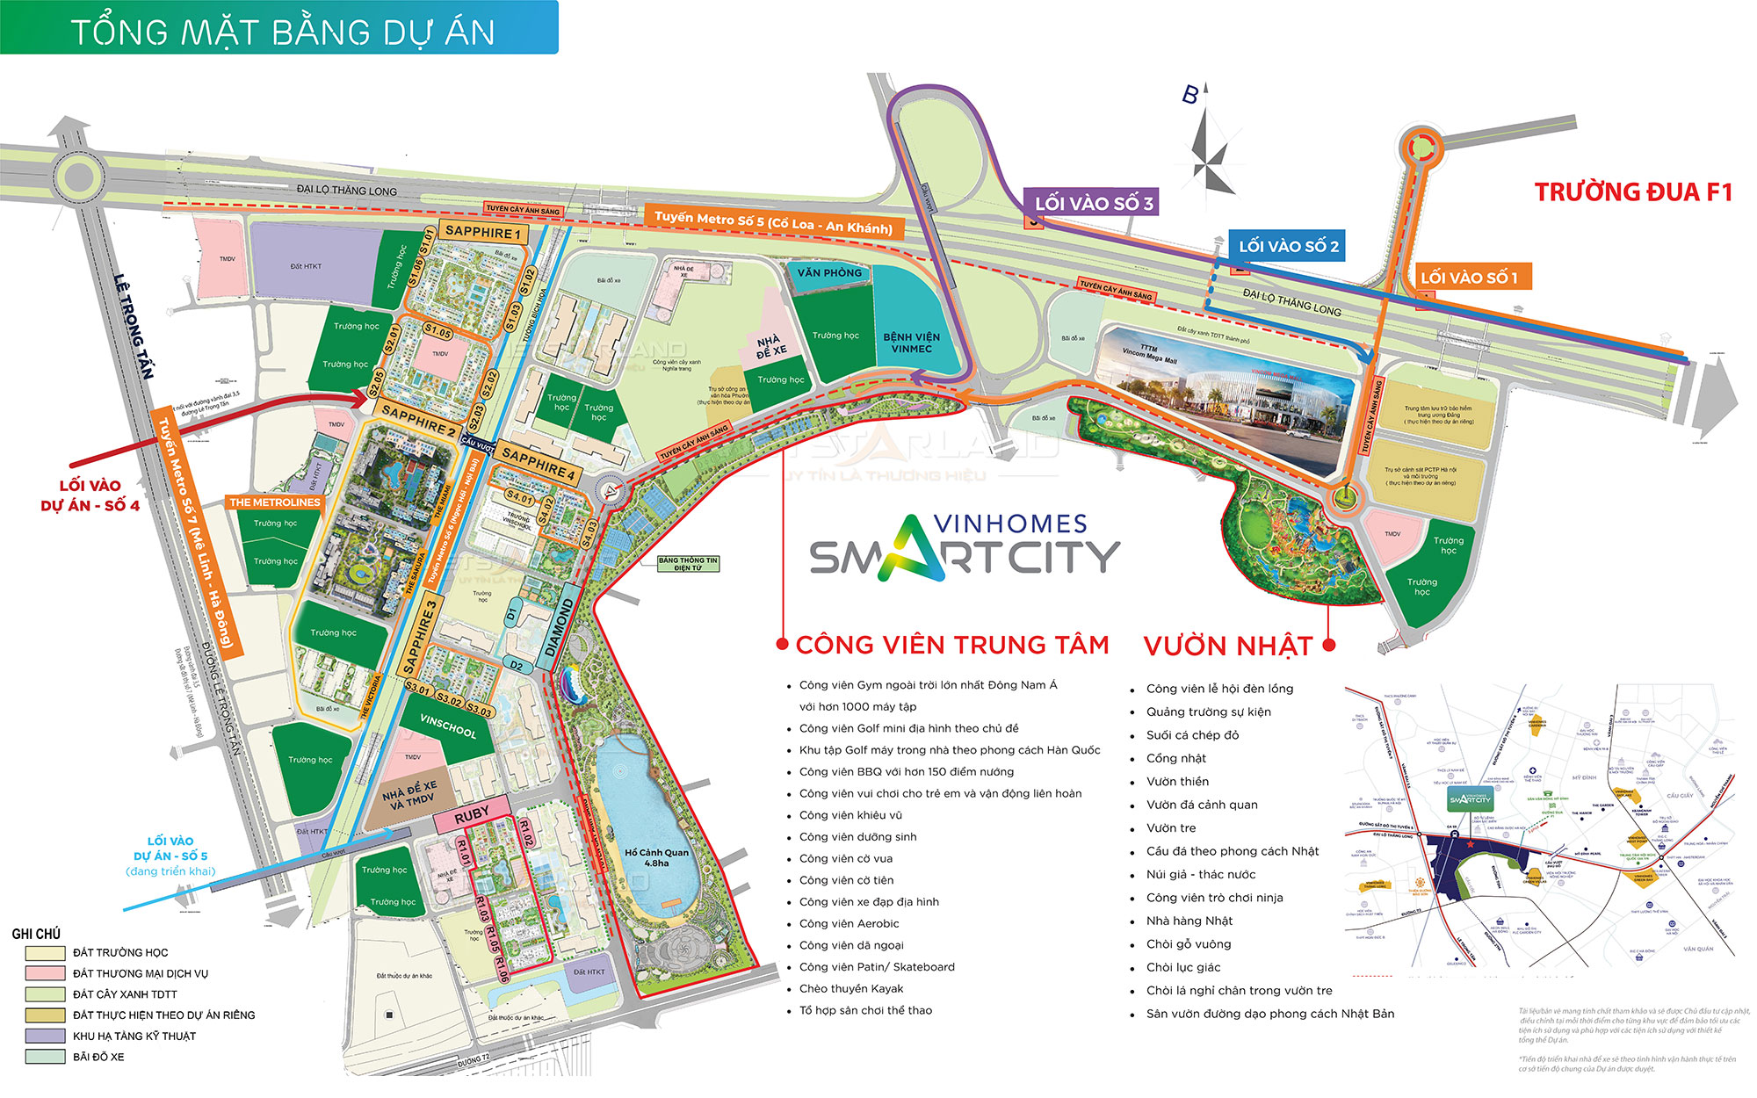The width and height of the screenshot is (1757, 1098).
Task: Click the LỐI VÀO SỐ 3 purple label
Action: [1092, 203]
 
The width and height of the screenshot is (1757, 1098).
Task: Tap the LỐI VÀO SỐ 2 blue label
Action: [1288, 247]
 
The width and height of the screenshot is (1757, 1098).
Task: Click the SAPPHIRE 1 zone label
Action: [483, 233]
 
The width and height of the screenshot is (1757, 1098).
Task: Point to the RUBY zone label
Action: [472, 814]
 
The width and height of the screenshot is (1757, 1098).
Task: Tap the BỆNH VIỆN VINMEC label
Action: [911, 343]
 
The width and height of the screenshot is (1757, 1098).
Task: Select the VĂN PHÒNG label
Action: [829, 273]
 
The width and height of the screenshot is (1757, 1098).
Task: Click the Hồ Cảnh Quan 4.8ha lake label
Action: [656, 857]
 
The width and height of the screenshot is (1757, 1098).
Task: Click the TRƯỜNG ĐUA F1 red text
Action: [1632, 192]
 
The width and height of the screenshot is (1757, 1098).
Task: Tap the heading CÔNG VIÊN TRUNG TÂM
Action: [951, 645]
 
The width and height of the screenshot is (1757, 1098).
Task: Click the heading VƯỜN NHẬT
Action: [1227, 647]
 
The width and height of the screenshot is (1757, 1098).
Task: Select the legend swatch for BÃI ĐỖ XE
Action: [45, 1057]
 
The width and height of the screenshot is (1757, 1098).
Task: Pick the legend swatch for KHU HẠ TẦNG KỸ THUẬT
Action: [45, 1036]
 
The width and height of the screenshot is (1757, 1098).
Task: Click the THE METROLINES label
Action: [275, 502]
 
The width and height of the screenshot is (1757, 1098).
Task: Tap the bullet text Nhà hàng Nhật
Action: [1189, 921]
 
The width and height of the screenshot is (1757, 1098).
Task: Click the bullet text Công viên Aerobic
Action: [849, 923]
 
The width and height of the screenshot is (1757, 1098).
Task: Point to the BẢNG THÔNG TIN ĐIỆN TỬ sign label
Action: [688, 564]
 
